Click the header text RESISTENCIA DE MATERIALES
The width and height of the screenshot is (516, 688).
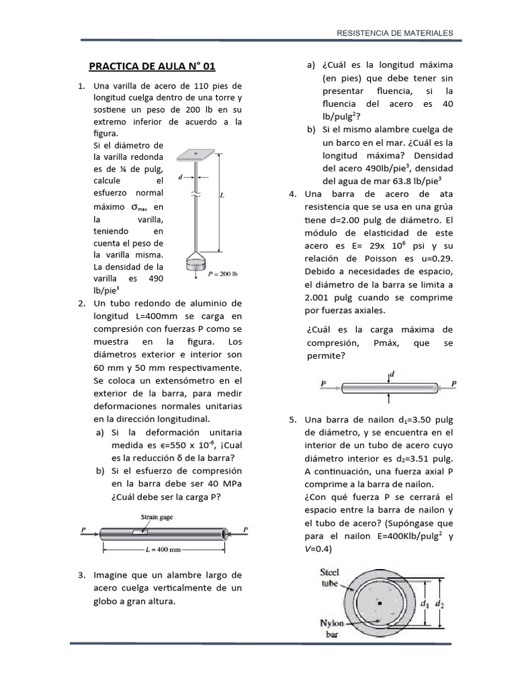(394, 32)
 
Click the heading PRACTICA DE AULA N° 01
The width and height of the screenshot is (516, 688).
(153, 66)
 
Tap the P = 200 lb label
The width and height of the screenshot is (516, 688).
(224, 273)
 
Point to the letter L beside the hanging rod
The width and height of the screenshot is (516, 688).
(222, 196)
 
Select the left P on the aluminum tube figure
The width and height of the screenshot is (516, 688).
(83, 529)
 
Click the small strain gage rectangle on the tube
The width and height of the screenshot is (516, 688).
(142, 531)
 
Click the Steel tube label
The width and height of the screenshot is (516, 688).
(331, 578)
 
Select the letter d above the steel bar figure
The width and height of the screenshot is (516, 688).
(392, 373)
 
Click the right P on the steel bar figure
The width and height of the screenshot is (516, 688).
(454, 384)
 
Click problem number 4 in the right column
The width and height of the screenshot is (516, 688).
(292, 195)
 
